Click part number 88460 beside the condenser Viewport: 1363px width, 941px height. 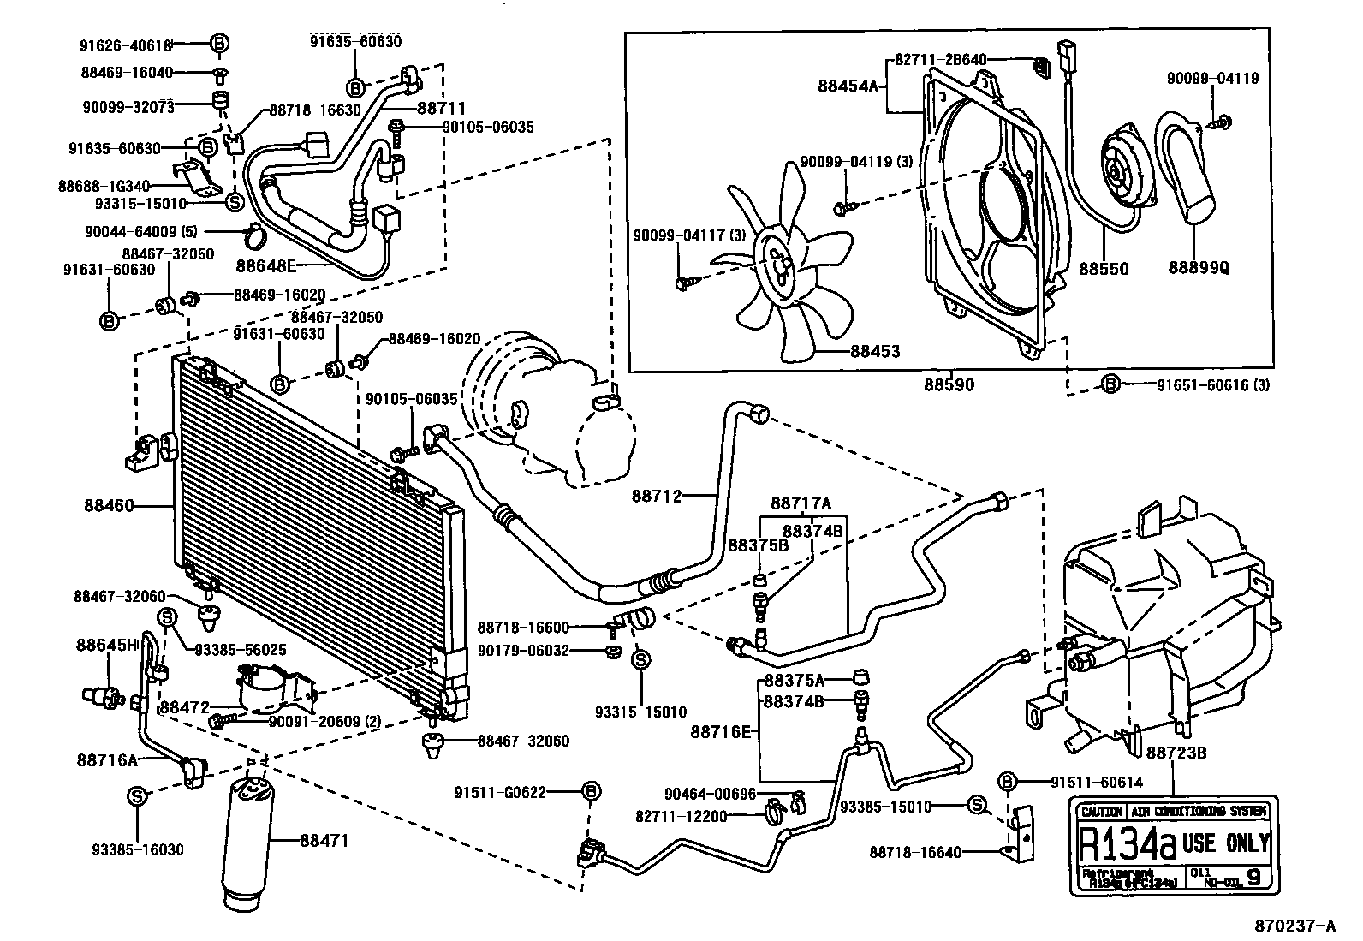coord(109,506)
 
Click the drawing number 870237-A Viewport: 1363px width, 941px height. coord(1295,926)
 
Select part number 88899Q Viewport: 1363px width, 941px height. coord(1199,268)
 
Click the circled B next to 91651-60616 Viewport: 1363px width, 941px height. coord(1110,384)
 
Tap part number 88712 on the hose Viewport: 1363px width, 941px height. coord(657,495)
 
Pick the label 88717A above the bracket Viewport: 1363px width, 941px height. coord(801,503)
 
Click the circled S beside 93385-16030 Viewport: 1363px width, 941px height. coord(136,796)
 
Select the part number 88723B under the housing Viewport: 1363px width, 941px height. coord(1176,753)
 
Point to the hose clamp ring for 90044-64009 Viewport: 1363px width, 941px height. coord(254,232)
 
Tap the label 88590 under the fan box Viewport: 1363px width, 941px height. coord(948,385)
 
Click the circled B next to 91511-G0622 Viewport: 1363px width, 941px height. coord(590,792)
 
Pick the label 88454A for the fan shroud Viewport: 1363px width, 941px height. coord(848,86)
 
